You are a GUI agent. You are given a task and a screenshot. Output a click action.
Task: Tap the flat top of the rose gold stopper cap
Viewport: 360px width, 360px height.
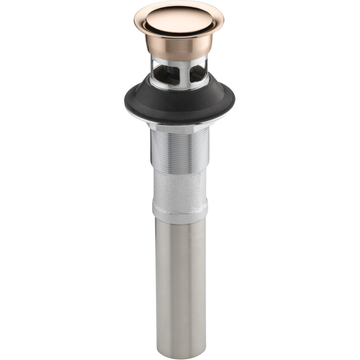179,18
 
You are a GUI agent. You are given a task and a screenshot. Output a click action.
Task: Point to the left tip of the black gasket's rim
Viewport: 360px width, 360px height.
127,103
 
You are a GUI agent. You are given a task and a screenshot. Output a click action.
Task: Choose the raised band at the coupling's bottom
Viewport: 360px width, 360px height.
180,210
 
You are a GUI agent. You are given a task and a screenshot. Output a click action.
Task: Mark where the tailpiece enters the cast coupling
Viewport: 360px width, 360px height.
180,218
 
